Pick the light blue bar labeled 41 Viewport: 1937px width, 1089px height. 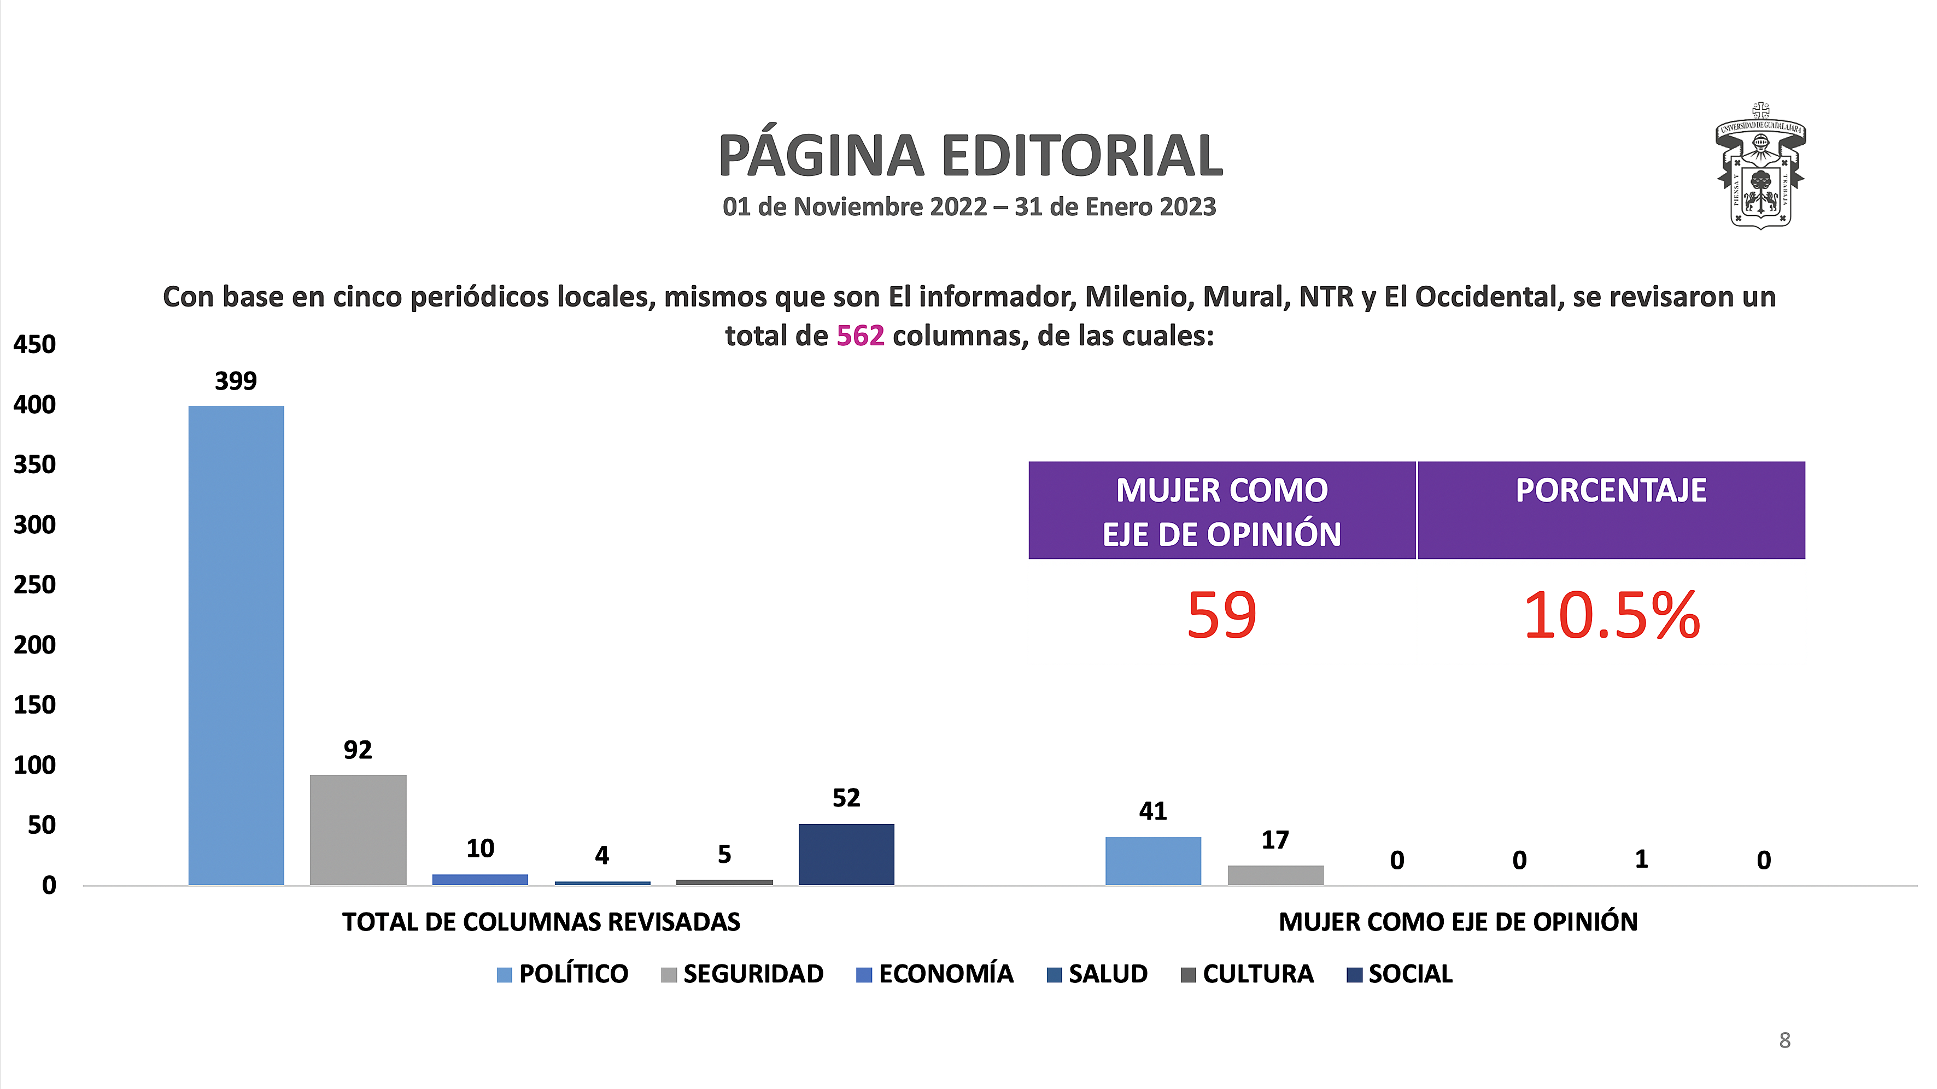pyautogui.click(x=1152, y=861)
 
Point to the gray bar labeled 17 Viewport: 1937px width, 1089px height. pyautogui.click(x=1275, y=875)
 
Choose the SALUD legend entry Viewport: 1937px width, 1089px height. pyautogui.click(x=1097, y=974)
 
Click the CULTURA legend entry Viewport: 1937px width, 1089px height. pyautogui.click(x=1248, y=974)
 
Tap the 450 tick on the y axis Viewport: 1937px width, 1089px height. pyautogui.click(x=34, y=344)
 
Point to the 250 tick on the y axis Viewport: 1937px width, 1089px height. pyautogui.click(x=34, y=585)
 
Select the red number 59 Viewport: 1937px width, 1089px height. pyautogui.click(x=1221, y=615)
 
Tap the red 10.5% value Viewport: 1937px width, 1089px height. pyautogui.click(x=1611, y=615)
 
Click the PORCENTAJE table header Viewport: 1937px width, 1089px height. pyautogui.click(x=1611, y=491)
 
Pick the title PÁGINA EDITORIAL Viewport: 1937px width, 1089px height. pyautogui.click(x=970, y=156)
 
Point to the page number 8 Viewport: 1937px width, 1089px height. pyautogui.click(x=1784, y=1040)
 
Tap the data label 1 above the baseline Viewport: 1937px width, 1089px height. pyautogui.click(x=1641, y=859)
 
